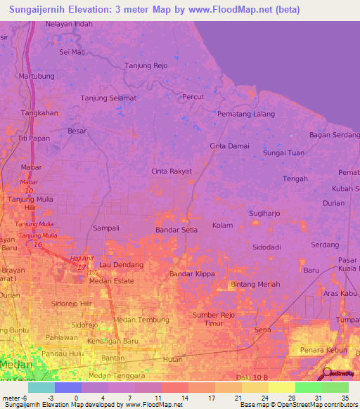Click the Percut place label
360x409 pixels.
(x=193, y=96)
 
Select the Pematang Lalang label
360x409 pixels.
(x=246, y=114)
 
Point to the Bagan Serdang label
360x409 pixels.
(x=334, y=135)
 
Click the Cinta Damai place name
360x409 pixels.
(x=229, y=145)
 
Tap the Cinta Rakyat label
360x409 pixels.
(x=172, y=171)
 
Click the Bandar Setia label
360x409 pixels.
(x=176, y=229)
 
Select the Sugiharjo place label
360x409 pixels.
(x=266, y=213)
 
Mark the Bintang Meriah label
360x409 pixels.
(x=255, y=284)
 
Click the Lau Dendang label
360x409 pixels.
(x=121, y=265)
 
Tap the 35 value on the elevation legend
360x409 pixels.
(x=345, y=398)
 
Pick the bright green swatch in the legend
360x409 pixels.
(x=308, y=387)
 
